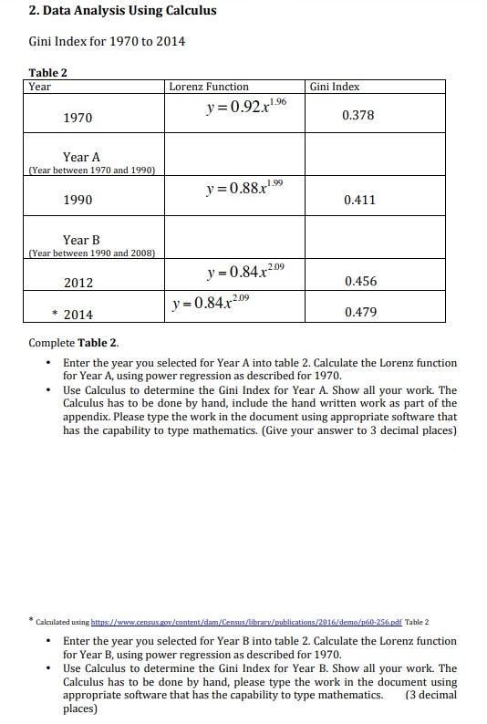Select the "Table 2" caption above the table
pos(47,72)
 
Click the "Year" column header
pos(40,87)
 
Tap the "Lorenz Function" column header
pos(209,87)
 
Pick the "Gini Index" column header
pos(335,87)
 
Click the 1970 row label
pos(78,119)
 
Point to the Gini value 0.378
pos(357,116)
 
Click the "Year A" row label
pos(81,157)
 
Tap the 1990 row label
pos(78,200)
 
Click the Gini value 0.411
pos(359,200)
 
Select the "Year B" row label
pos(81,240)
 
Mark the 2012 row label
pos(78,283)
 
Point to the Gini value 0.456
pos(360,282)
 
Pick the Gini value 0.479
pos(360,312)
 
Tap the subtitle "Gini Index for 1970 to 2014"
pos(108,41)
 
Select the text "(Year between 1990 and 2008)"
pos(92,253)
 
